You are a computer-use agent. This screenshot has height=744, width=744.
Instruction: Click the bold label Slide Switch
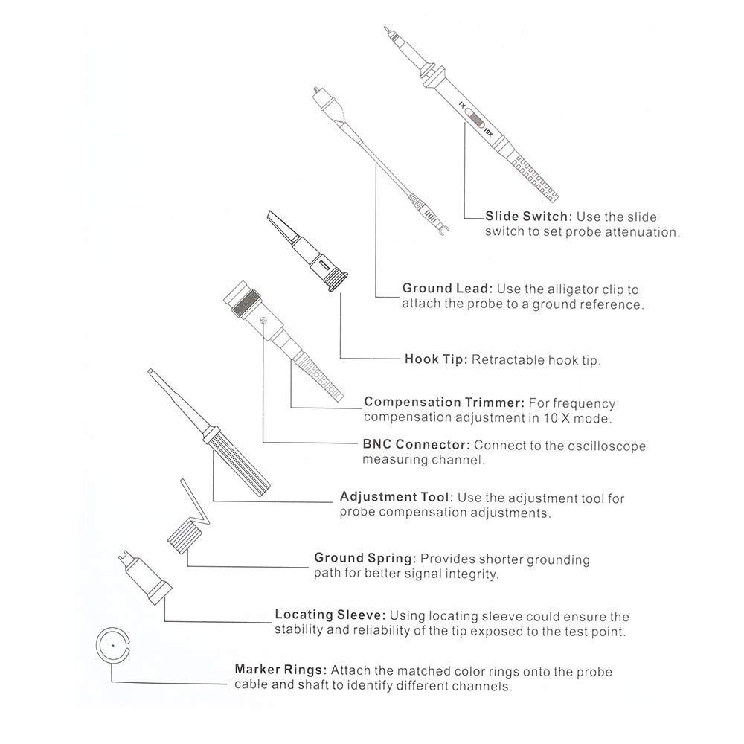coord(528,217)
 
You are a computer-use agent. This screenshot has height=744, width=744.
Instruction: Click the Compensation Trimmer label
coord(446,403)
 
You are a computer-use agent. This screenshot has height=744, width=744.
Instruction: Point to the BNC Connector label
coord(416,446)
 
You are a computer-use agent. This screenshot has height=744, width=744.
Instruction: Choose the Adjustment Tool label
coord(396,497)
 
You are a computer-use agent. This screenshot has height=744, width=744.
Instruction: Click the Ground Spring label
coord(365,558)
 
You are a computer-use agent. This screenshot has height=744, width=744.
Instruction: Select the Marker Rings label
coord(281,670)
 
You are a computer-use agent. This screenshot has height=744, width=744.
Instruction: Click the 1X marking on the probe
coord(462,106)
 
